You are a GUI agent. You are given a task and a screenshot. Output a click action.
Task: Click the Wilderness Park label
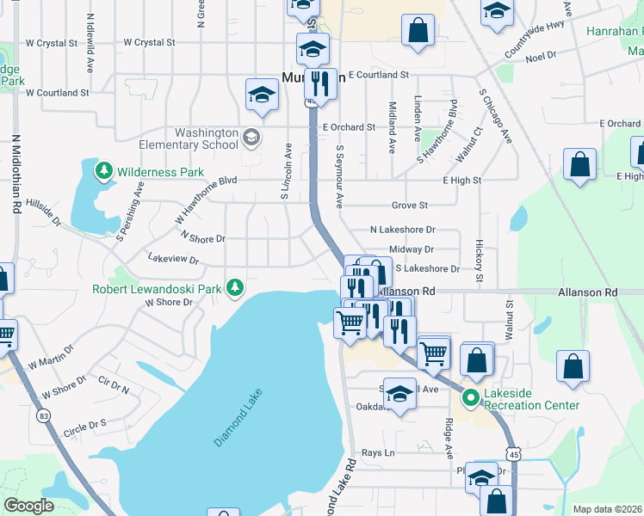(x=161, y=172)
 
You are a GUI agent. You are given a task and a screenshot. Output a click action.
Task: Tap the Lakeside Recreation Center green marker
(x=471, y=397)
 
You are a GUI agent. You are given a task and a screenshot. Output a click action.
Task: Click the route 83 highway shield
(x=42, y=415)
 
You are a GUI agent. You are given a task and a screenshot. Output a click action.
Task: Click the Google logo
(x=28, y=506)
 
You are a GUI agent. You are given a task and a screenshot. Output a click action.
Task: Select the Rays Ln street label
(x=377, y=452)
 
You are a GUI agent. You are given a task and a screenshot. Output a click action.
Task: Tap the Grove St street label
(x=410, y=206)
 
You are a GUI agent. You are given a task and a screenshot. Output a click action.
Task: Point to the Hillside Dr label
(x=44, y=212)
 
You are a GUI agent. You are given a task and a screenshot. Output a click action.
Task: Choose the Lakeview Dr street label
(x=173, y=259)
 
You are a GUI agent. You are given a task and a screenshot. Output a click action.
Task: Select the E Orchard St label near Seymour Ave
(x=349, y=127)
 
